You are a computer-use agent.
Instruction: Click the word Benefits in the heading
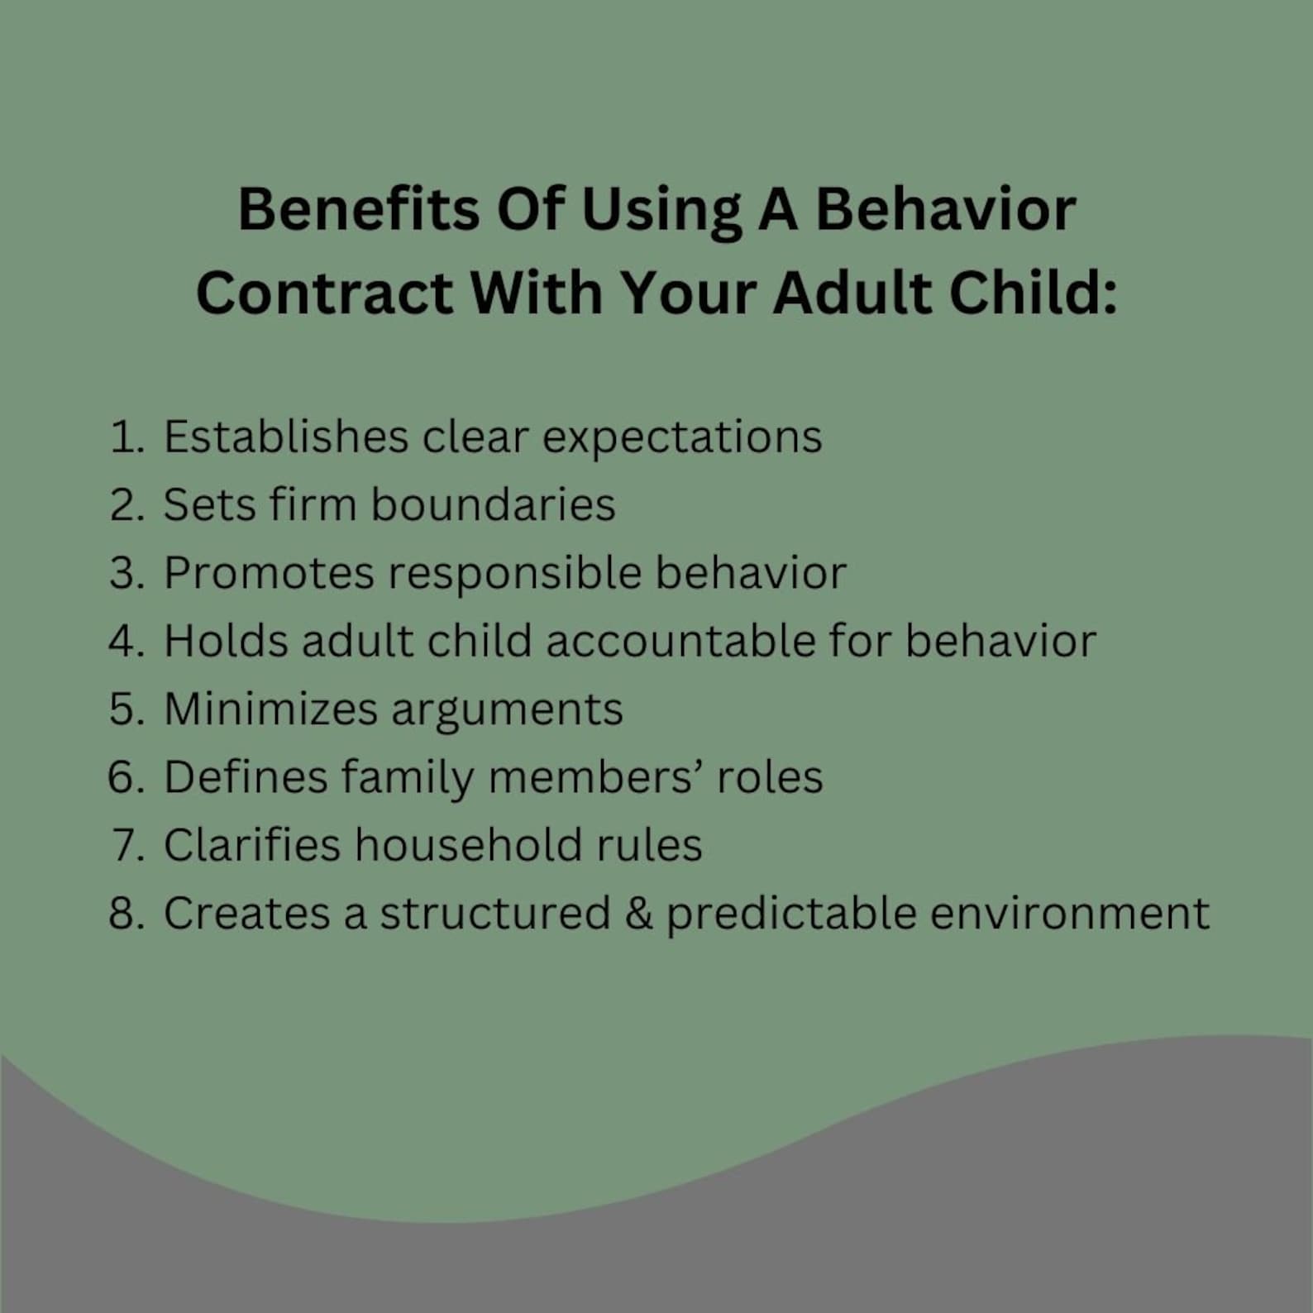coord(358,208)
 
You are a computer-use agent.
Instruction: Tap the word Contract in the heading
coord(324,293)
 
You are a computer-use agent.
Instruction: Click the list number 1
coord(124,437)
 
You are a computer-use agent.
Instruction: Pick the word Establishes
coord(285,437)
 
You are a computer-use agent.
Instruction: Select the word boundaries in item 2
coord(493,504)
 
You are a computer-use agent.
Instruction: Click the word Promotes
coord(269,573)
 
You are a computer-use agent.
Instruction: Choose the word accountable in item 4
coord(680,641)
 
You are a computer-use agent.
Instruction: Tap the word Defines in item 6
coord(246,777)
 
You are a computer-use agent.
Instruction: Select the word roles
coord(769,777)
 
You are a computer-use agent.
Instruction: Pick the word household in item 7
coord(468,845)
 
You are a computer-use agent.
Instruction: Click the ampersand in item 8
coord(638,914)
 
